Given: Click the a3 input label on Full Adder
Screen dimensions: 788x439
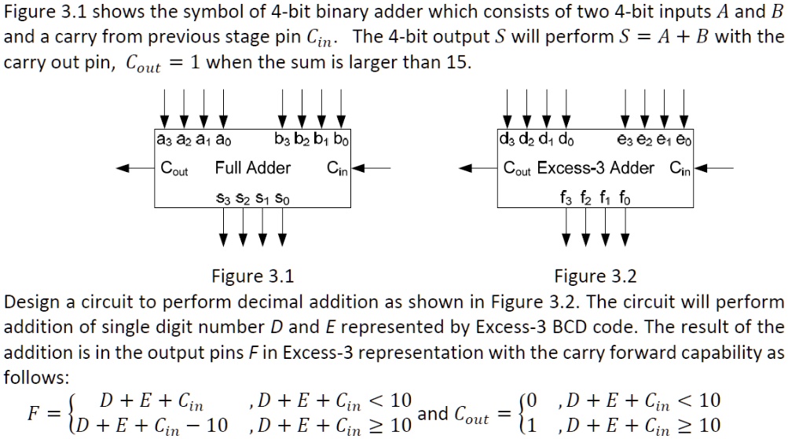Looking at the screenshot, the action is pos(164,139).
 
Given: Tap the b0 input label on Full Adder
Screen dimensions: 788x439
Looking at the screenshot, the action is pos(341,139).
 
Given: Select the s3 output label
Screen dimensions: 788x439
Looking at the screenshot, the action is pos(223,199).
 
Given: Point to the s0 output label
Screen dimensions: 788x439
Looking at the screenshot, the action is pos(282,199).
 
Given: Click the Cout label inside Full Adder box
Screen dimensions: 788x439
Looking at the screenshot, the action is pos(174,168).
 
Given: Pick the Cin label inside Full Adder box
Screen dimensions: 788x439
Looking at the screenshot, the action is pos(337,168).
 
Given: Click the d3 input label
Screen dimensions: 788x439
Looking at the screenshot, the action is pos(507,139).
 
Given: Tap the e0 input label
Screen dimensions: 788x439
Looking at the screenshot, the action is pos(684,139).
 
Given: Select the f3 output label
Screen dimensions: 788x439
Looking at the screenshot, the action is pos(566,198).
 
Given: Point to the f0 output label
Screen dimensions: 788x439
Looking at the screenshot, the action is pos(625,198).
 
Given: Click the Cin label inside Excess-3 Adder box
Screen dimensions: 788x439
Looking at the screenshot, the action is pos(680,168).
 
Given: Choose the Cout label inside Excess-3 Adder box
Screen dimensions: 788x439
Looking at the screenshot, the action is pos(517,168).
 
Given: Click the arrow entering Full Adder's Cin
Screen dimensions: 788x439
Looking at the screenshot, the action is pos(371,168).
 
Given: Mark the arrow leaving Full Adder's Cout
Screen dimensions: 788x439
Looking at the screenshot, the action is pos(135,168).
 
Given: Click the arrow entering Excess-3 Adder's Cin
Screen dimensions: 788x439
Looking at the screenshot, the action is pos(713,168).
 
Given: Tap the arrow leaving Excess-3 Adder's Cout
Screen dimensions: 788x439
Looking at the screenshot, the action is pos(478,168).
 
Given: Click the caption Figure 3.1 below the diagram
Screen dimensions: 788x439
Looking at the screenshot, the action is pos(253,276).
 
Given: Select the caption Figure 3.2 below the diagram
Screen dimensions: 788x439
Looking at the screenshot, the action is pos(596,276).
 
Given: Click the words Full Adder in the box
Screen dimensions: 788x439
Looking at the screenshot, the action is pos(253,167).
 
